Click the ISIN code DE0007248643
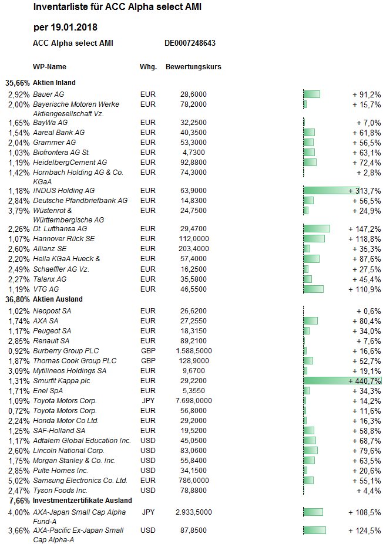tap(190, 43)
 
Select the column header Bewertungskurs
tap(193, 67)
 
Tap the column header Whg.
tap(148, 67)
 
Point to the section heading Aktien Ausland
tap(58, 299)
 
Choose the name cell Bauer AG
tap(49, 94)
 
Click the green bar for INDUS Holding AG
tap(331, 190)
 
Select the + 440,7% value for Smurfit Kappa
tap(365, 381)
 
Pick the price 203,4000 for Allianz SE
tap(193, 249)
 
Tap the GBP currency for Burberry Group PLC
tap(148, 351)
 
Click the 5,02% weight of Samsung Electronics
tap(19, 481)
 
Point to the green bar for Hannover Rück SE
tap(314, 239)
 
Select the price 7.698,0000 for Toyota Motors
tap(194, 401)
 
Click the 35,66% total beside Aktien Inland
tap(18, 83)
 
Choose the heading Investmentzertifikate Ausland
tap(82, 501)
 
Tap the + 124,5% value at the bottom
tap(365, 531)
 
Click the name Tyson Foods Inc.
tap(60, 491)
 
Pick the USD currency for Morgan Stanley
tap(148, 461)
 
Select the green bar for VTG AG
tap(313, 289)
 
